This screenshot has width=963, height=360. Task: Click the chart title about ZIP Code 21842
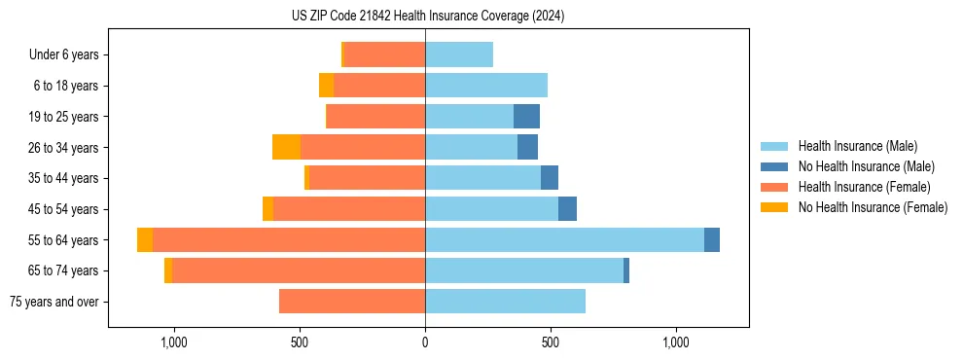point(427,17)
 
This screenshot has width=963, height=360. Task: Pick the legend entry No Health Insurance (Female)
point(873,207)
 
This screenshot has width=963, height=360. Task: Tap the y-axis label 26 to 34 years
point(63,148)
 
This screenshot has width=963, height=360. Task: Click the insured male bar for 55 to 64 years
point(564,240)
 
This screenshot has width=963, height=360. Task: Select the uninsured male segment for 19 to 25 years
point(526,117)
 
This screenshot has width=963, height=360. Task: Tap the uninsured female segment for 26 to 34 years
point(286,148)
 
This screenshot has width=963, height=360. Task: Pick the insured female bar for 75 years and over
point(352,302)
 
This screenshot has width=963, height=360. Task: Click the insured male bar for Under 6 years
point(459,55)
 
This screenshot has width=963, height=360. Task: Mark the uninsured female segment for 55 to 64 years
point(145,240)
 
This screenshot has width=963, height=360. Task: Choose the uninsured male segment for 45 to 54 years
point(567,209)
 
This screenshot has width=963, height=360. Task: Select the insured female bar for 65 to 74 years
point(299,270)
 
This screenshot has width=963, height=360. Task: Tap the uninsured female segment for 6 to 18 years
point(326,86)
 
